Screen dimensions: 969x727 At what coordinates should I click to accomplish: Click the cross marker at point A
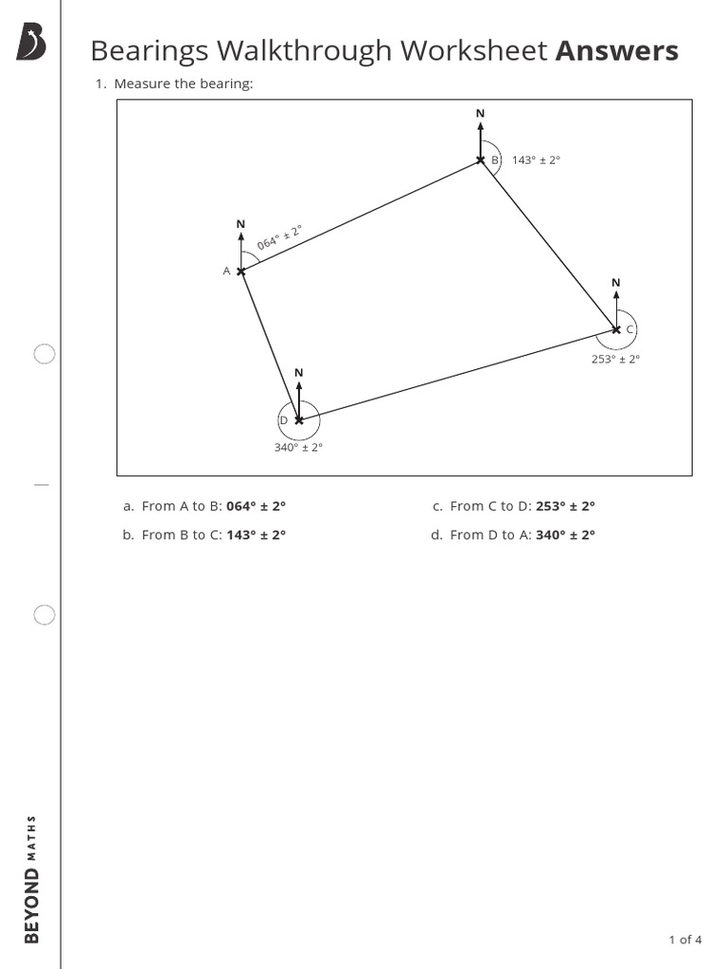(240, 272)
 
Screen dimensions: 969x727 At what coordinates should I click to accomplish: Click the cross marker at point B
(481, 160)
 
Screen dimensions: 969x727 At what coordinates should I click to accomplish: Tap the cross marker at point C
(616, 329)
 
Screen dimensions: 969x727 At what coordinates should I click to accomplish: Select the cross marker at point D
(299, 419)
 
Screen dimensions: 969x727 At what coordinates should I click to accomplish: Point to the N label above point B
(480, 114)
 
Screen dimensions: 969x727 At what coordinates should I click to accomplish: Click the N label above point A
(240, 224)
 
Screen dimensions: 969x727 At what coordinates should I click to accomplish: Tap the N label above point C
(616, 283)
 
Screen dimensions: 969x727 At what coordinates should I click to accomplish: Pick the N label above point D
(299, 373)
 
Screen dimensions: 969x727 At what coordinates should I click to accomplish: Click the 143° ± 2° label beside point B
(536, 161)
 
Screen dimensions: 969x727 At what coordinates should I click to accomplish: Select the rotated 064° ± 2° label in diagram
(279, 238)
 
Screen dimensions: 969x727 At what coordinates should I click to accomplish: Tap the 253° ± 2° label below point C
(615, 359)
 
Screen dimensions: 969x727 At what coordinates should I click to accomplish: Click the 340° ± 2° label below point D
(299, 448)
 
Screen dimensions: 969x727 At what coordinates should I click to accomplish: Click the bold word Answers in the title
(616, 51)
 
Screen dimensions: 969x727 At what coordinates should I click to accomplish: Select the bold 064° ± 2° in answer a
(256, 506)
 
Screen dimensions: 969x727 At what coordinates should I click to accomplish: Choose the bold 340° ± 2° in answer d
(565, 535)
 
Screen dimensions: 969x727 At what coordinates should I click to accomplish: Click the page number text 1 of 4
(685, 940)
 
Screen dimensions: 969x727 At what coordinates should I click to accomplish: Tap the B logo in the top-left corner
(31, 43)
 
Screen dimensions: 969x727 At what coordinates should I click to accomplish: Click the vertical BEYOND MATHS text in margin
(31, 878)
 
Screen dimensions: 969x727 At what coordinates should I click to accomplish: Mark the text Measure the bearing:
(184, 84)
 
